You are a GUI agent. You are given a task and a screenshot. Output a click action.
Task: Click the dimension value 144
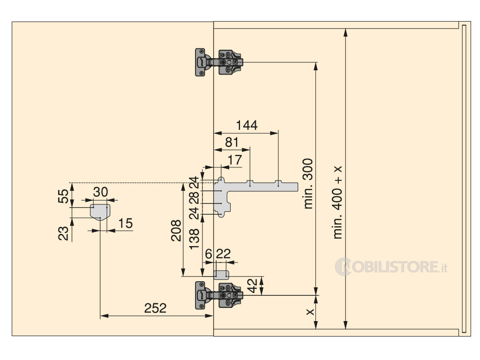(x=247, y=125)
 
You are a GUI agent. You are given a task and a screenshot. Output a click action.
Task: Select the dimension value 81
(x=232, y=142)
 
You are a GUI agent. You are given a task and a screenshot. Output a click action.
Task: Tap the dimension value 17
(x=235, y=160)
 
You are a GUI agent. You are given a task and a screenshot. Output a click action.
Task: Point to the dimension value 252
(x=156, y=308)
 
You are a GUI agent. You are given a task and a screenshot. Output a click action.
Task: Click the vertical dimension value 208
(x=176, y=231)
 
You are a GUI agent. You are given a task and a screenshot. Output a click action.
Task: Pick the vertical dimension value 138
(x=195, y=239)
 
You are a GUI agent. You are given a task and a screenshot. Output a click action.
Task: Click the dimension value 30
(x=101, y=192)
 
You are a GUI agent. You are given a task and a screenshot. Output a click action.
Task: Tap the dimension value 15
(x=126, y=224)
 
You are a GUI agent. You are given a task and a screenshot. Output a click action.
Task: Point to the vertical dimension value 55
(x=63, y=196)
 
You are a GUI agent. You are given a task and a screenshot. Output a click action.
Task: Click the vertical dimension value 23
(x=63, y=233)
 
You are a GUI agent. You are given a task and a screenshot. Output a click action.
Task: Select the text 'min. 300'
(x=308, y=184)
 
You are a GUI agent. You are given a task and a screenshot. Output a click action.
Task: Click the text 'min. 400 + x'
(x=337, y=202)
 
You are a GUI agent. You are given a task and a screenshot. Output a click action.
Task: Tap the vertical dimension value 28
(x=195, y=197)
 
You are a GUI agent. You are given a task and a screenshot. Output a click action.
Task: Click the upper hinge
(x=219, y=62)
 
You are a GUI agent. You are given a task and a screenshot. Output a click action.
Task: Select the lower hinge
(x=219, y=295)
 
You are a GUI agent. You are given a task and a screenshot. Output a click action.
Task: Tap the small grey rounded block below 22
(x=221, y=275)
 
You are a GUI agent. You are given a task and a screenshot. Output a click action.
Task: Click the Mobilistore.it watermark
(x=391, y=267)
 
